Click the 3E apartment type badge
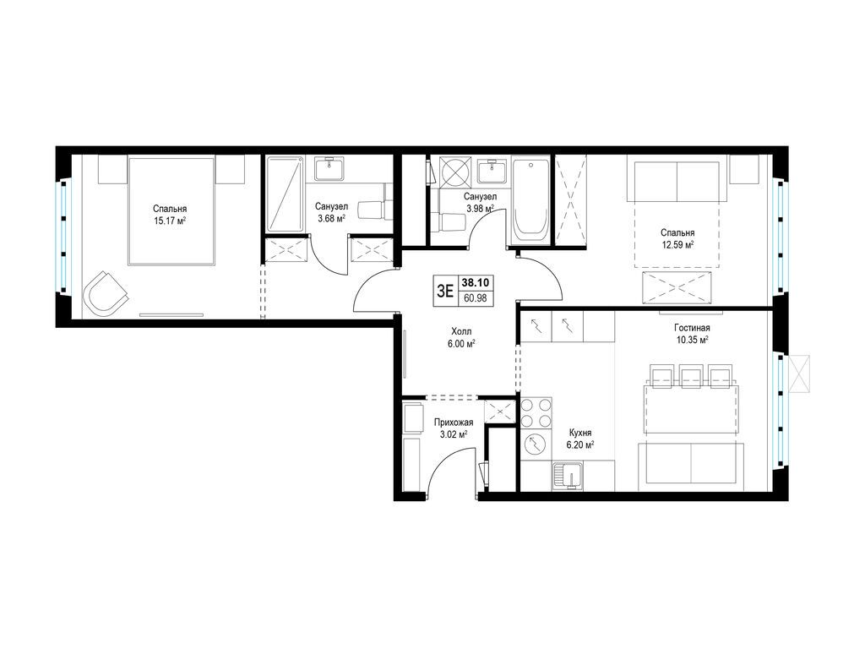tap(445, 291)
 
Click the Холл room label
tap(461, 331)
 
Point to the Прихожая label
tap(454, 423)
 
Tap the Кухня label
tap(581, 434)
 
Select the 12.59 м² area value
tap(677, 244)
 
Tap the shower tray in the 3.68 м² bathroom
tap(286, 194)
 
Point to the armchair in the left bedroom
tap(106, 292)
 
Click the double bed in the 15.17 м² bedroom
tap(171, 211)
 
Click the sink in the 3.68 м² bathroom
tap(330, 169)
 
